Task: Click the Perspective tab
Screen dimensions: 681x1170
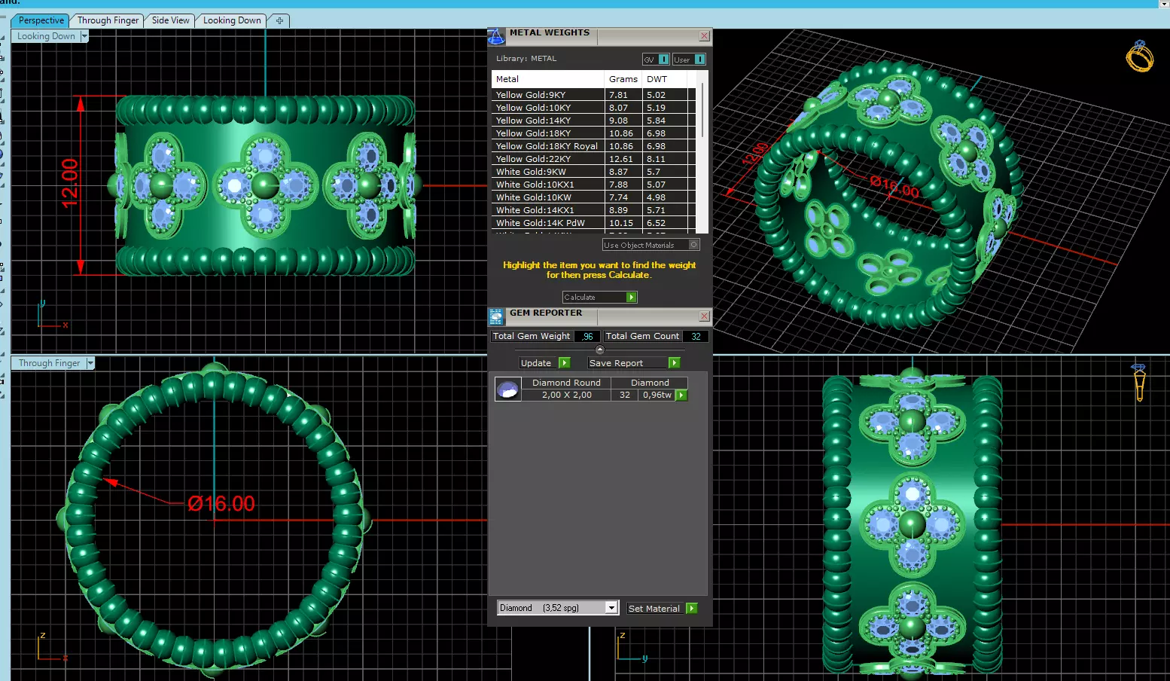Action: click(41, 20)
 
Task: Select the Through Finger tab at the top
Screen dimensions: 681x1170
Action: click(108, 20)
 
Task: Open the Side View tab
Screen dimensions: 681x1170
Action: click(170, 20)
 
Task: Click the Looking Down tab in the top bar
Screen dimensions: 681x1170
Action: click(232, 20)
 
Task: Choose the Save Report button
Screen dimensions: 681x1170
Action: click(633, 363)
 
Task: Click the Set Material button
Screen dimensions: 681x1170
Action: click(662, 609)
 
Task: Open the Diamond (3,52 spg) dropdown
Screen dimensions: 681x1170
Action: click(611, 608)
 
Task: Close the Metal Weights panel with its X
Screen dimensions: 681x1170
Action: click(704, 36)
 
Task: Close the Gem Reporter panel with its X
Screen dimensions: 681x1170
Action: click(704, 316)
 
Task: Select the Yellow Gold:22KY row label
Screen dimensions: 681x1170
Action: click(533, 159)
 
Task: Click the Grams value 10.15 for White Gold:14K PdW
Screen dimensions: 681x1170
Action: click(621, 223)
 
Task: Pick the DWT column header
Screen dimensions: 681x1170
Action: click(657, 79)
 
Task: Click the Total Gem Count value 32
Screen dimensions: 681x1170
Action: click(696, 337)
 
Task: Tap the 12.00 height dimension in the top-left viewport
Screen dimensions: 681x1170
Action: click(69, 183)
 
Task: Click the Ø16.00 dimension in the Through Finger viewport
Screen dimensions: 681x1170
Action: click(221, 503)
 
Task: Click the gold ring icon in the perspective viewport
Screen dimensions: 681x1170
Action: click(1139, 56)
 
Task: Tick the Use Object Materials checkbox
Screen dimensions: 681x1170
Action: click(694, 245)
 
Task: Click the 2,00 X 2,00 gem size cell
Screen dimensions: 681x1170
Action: click(566, 395)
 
